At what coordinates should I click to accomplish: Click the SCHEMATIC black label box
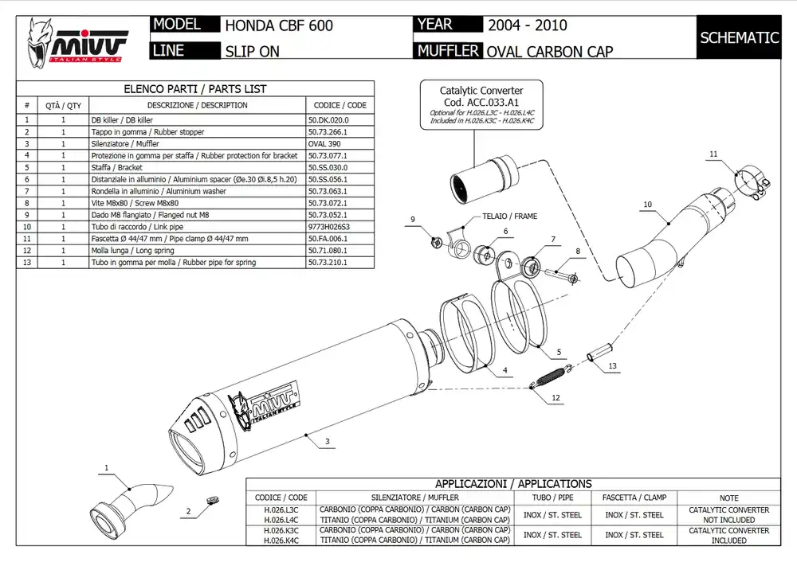[x=739, y=37]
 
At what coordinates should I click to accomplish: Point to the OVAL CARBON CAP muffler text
[x=550, y=52]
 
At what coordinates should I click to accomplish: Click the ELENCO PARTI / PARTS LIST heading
[x=195, y=89]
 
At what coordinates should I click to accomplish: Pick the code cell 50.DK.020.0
[x=328, y=119]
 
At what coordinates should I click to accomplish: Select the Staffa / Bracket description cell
[x=117, y=167]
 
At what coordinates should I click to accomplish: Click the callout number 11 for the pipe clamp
[x=713, y=154]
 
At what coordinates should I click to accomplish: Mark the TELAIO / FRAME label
[x=509, y=216]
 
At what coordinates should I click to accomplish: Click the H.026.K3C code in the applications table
[x=281, y=530]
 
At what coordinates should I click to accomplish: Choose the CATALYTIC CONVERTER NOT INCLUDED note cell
[x=728, y=515]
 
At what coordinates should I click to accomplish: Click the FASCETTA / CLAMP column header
[x=634, y=498]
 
